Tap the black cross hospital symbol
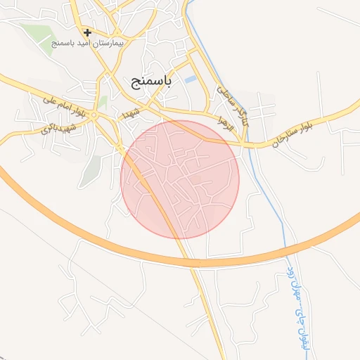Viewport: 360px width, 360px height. pyautogui.click(x=87, y=32)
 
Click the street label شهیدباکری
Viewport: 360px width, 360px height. pyautogui.click(x=58, y=125)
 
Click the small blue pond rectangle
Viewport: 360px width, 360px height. pyautogui.click(x=191, y=79)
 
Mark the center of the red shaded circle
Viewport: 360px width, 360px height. pyautogui.click(x=181, y=179)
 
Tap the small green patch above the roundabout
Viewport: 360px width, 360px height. pyautogui.click(x=103, y=102)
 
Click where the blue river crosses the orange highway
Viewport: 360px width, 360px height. pyautogui.click(x=286, y=250)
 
